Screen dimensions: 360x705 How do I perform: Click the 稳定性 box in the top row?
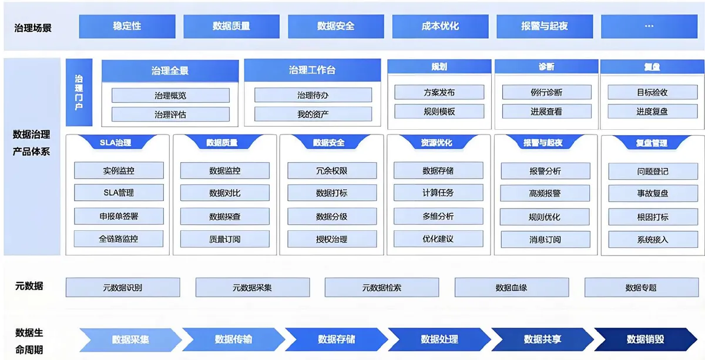click(127, 26)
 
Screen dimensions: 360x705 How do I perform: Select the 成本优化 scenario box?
click(440, 26)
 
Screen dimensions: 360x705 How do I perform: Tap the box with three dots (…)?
click(649, 26)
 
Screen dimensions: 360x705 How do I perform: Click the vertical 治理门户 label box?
click(79, 93)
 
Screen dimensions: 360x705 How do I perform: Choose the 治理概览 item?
click(170, 95)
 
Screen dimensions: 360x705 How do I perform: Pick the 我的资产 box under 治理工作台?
click(313, 115)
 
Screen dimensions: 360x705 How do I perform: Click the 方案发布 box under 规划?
click(439, 92)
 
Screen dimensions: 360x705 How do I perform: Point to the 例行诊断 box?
click(546, 92)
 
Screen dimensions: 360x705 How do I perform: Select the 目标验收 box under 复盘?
click(652, 92)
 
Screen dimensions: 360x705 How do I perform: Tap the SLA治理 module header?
click(116, 143)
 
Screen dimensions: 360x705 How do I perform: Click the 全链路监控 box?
click(118, 239)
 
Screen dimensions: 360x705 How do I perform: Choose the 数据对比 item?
click(224, 193)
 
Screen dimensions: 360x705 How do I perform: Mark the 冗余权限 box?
click(332, 171)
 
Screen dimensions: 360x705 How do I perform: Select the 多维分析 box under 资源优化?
click(438, 216)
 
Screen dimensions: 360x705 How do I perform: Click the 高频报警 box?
click(545, 193)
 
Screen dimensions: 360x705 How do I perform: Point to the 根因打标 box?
click(652, 217)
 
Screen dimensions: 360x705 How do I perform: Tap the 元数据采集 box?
click(252, 288)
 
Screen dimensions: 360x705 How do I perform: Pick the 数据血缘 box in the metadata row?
click(511, 288)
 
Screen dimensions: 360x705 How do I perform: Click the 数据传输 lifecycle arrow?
click(233, 339)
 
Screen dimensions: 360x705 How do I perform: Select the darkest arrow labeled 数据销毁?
click(645, 339)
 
